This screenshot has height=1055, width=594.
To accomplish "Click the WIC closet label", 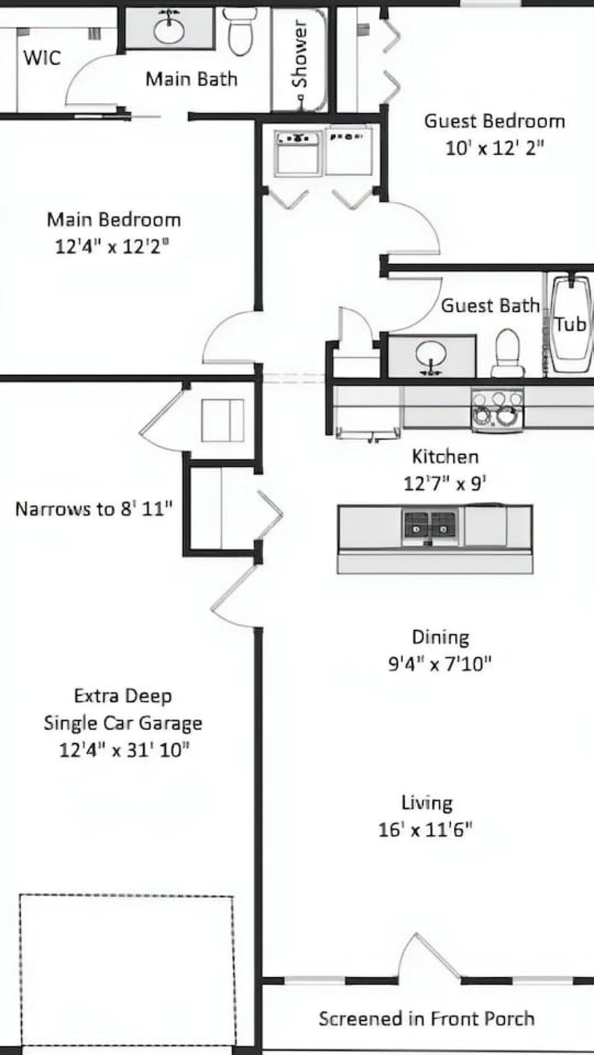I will (x=42, y=58).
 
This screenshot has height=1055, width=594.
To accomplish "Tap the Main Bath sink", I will (x=169, y=29).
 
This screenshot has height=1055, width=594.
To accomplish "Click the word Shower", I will (x=299, y=54).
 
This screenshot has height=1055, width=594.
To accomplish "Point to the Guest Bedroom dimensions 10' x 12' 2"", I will (x=494, y=148).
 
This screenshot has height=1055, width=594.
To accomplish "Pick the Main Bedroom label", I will (x=114, y=220).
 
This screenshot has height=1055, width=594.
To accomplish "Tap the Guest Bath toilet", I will (x=507, y=354).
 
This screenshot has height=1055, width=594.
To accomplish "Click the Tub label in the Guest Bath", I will (x=569, y=324).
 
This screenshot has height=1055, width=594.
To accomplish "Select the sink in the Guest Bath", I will (x=431, y=356).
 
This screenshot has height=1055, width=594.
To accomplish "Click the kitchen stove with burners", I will (x=497, y=409).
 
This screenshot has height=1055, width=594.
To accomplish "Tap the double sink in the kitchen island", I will (x=431, y=524).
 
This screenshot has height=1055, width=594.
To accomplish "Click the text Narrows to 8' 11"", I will (x=94, y=509).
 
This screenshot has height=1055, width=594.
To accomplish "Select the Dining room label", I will (x=441, y=637).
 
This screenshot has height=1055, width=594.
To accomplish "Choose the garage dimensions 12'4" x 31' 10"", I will (x=124, y=750).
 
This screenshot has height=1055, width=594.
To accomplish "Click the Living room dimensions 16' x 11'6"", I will (x=426, y=829).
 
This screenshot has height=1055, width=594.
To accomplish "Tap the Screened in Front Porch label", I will (x=426, y=1018).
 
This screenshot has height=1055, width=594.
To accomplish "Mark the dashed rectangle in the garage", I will (x=127, y=971).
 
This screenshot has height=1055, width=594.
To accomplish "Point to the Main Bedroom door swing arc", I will (x=226, y=337).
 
